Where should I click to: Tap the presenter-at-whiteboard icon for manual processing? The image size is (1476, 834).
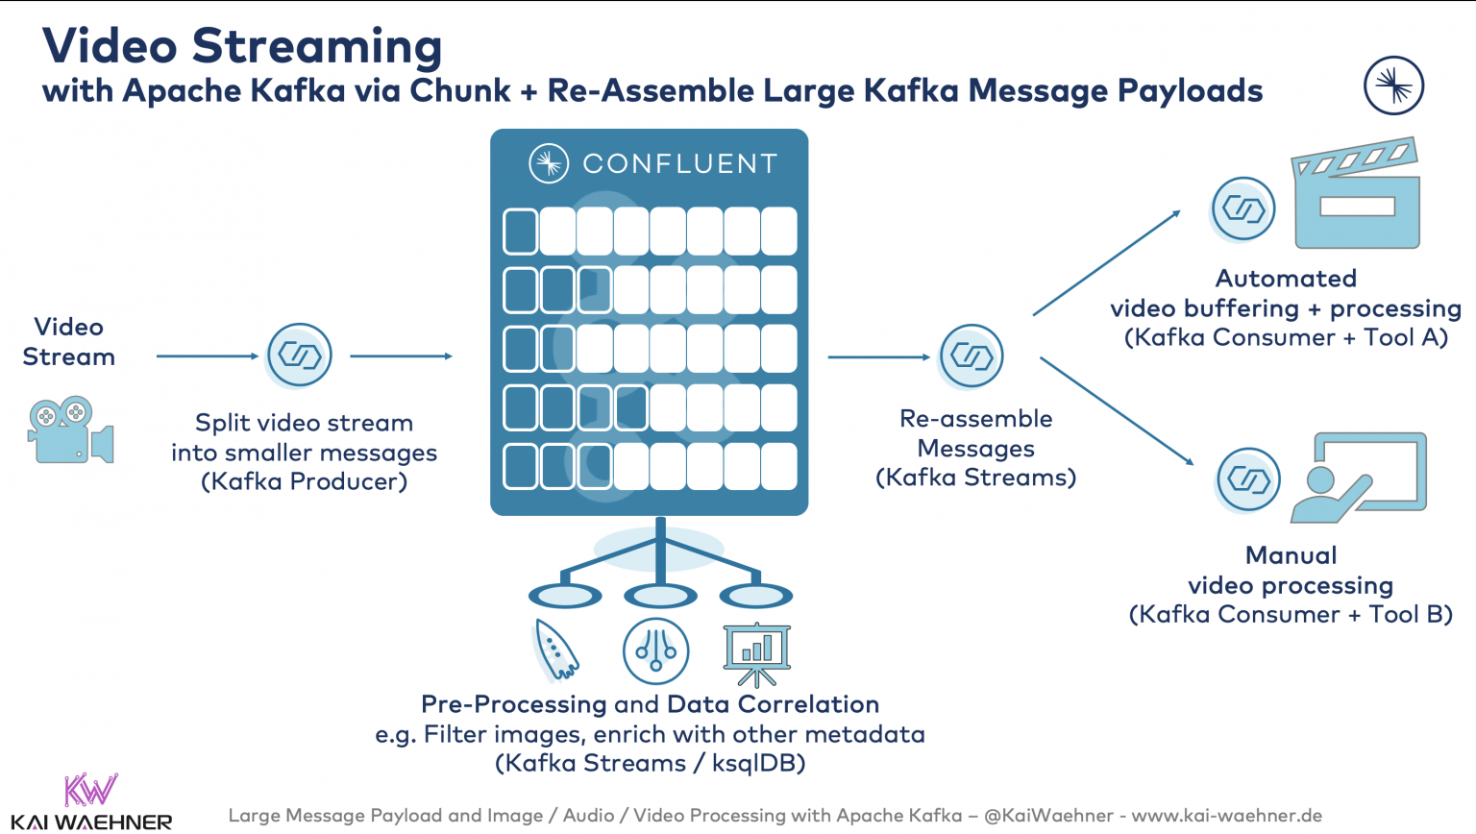(1358, 478)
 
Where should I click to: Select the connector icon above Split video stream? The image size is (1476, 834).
(300, 356)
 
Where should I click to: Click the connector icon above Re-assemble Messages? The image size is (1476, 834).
(972, 356)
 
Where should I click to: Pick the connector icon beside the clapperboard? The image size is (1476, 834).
(1243, 208)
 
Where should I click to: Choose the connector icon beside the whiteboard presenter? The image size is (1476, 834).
(1248, 478)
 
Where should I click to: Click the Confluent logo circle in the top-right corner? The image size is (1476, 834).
(1393, 86)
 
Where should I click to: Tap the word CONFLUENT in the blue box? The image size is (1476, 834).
(679, 164)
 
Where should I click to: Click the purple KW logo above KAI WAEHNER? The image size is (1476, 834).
(90, 789)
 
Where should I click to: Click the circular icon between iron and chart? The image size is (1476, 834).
(656, 651)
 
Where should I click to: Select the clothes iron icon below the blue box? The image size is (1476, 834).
(556, 650)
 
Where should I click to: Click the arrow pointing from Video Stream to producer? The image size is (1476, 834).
(208, 356)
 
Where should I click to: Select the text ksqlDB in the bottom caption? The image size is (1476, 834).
(758, 764)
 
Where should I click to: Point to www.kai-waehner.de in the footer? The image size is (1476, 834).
(1226, 816)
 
